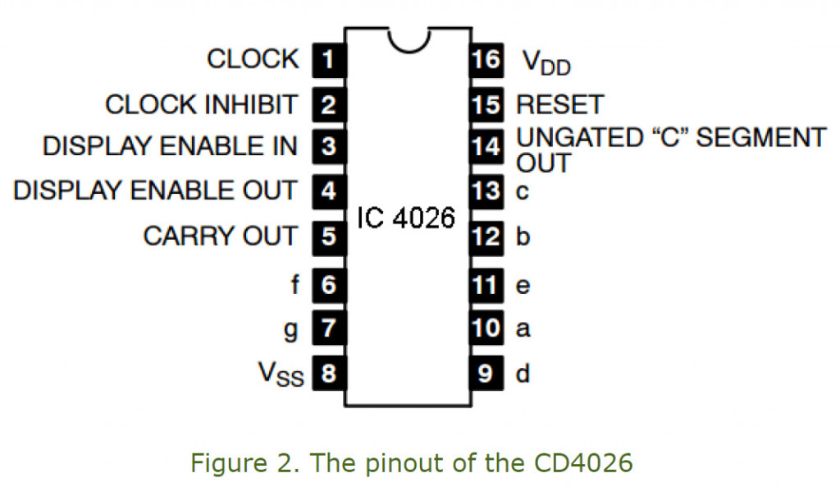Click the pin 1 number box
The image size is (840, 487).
pyautogui.click(x=328, y=60)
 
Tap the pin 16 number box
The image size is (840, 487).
pyautogui.click(x=486, y=60)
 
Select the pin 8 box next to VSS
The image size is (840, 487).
pyautogui.click(x=328, y=374)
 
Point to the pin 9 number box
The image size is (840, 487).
pyautogui.click(x=486, y=374)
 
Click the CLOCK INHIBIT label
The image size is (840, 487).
pyautogui.click(x=202, y=105)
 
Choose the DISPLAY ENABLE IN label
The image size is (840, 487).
pyautogui.click(x=170, y=147)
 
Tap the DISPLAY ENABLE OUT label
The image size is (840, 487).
pyautogui.click(x=155, y=191)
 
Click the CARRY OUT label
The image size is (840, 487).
pyautogui.click(x=220, y=237)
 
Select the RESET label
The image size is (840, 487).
pyautogui.click(x=559, y=105)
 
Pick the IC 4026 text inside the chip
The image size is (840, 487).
pyautogui.click(x=406, y=220)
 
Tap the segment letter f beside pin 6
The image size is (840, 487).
pyautogui.click(x=295, y=285)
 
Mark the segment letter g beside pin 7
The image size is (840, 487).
pyautogui.click(x=292, y=330)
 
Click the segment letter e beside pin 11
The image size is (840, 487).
pyautogui.click(x=523, y=286)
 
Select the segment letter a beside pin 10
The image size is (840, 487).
pyautogui.click(x=523, y=329)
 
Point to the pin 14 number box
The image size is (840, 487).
pyautogui.click(x=486, y=147)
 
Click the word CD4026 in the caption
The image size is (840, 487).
pyautogui.click(x=584, y=463)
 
